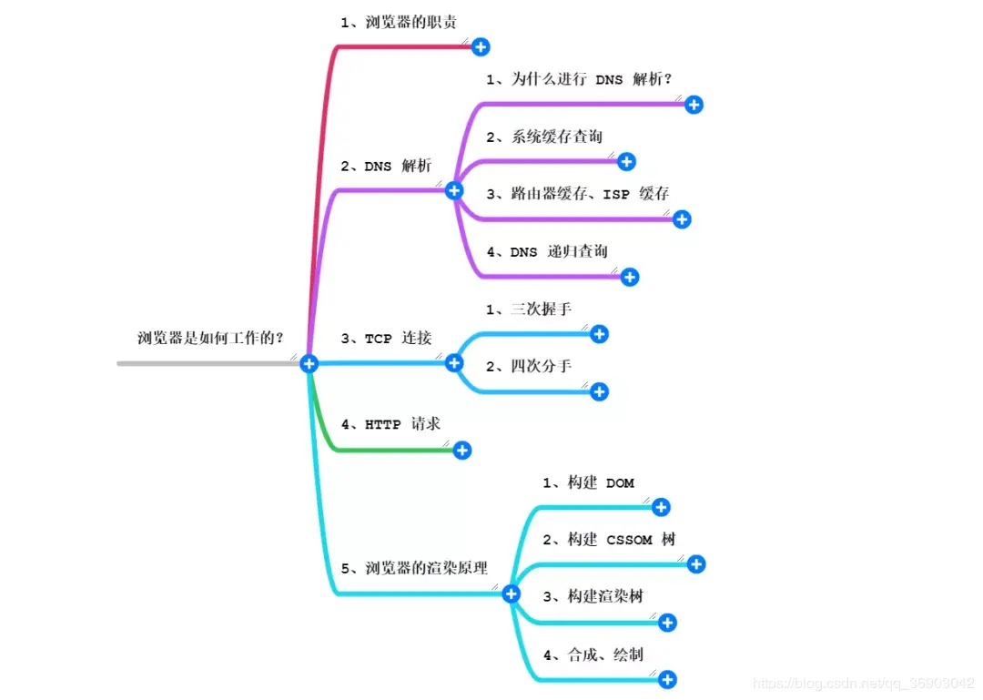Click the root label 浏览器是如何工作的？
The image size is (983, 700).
tap(210, 339)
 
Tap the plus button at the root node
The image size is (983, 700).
tap(309, 363)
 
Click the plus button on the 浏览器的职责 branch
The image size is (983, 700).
tap(481, 46)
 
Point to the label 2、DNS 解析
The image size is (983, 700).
tap(386, 166)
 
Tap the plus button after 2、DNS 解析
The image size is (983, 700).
tap(454, 190)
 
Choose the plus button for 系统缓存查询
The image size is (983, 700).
tap(626, 162)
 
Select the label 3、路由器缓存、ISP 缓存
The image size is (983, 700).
tap(577, 194)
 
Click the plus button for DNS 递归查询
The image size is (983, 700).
tap(629, 277)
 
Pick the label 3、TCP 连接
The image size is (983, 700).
tap(386, 339)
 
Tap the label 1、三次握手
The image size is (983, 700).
tap(528, 309)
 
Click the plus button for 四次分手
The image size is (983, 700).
tap(599, 391)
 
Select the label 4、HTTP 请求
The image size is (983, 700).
tap(390, 424)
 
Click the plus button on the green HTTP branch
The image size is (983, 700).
tap(462, 450)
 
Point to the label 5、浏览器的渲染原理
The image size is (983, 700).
tap(414, 568)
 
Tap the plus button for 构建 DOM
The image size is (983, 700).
tap(661, 507)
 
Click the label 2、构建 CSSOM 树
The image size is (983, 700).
tap(609, 540)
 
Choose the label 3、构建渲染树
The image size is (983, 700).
tap(593, 596)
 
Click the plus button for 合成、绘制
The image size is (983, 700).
tap(667, 679)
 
